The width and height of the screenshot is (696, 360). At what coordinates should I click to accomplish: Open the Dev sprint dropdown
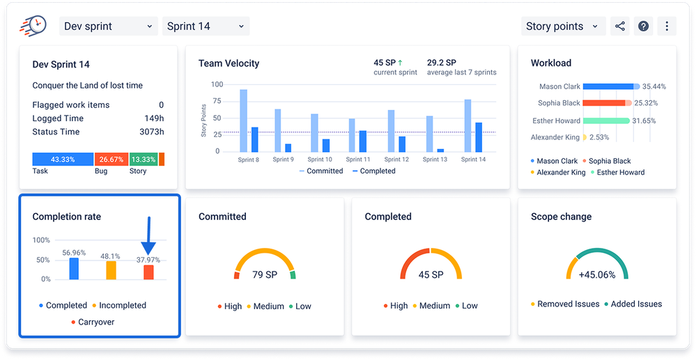(x=108, y=26)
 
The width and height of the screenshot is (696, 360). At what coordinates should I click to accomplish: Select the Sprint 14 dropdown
(x=206, y=26)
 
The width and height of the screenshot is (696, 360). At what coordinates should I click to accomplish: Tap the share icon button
(x=619, y=26)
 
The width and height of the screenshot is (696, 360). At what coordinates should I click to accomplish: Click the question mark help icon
(x=644, y=26)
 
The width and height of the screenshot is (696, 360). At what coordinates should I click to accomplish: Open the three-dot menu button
(x=667, y=26)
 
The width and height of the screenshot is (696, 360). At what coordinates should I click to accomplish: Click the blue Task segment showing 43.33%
(x=63, y=159)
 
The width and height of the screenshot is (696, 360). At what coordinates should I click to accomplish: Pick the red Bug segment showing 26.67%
(x=111, y=159)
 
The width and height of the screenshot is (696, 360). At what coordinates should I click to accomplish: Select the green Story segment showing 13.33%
(x=143, y=159)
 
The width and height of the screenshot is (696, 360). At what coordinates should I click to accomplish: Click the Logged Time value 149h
(x=154, y=118)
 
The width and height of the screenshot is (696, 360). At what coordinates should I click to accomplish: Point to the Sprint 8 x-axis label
(x=248, y=159)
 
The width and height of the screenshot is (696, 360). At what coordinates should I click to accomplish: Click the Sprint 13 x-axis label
(x=435, y=159)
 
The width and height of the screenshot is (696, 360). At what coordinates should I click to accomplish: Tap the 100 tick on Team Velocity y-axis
(x=216, y=84)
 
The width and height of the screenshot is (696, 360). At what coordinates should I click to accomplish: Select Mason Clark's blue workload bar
(x=608, y=86)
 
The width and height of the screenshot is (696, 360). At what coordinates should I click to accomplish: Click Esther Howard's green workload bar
(x=606, y=120)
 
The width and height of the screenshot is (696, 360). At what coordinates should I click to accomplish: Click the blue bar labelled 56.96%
(x=74, y=268)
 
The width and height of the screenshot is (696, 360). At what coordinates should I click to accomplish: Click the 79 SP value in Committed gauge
(x=265, y=274)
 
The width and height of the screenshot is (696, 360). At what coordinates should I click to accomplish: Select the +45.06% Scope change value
(x=597, y=274)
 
